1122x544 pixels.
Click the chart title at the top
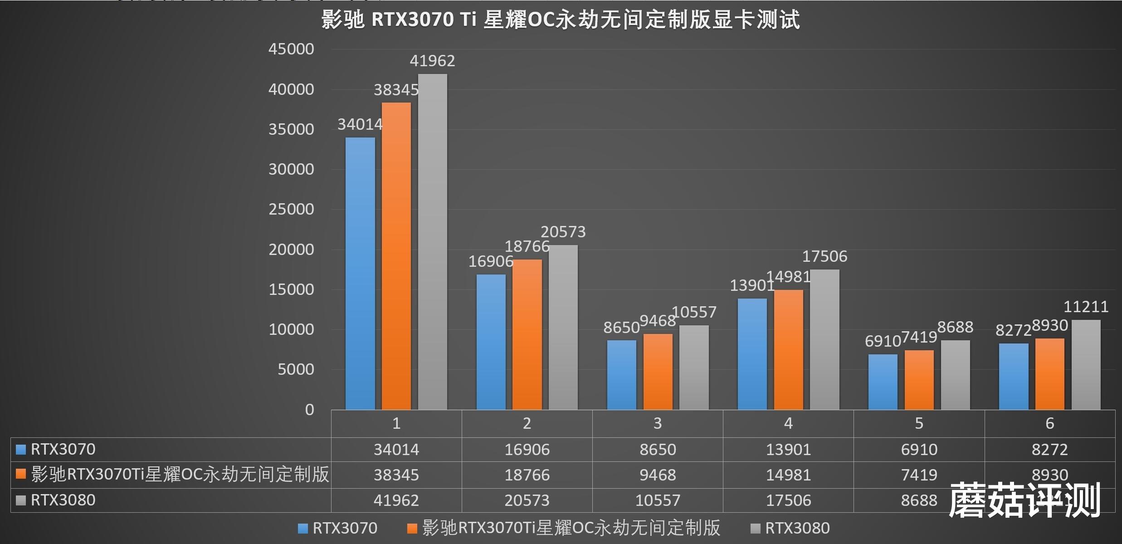click(x=561, y=20)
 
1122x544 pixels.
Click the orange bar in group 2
click(x=527, y=334)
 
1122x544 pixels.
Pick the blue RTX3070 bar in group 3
click(x=621, y=375)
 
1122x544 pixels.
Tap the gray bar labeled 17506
click(x=824, y=339)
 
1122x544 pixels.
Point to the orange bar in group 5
click(x=919, y=380)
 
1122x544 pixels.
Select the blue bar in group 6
click(x=1014, y=377)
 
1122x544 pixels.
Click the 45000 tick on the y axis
click(x=291, y=49)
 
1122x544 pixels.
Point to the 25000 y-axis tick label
click(x=291, y=209)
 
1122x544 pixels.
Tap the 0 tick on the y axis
click(x=309, y=410)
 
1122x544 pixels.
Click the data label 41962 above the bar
click(x=432, y=61)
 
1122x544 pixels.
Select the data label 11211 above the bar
click(x=1086, y=307)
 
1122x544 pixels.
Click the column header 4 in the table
click(x=788, y=423)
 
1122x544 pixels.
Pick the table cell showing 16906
click(x=527, y=450)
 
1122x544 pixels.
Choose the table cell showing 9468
click(x=658, y=475)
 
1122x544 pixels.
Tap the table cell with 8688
click(x=919, y=500)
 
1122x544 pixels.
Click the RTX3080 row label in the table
click(x=63, y=500)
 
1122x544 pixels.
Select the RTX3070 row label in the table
click(x=63, y=450)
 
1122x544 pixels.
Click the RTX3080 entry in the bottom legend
click(x=797, y=528)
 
